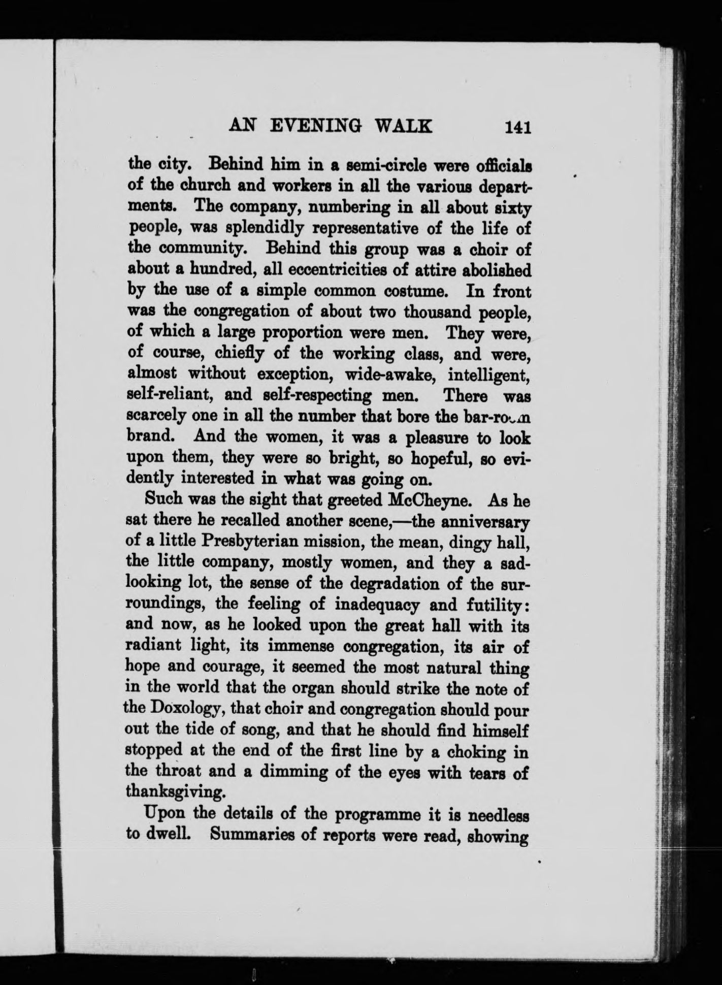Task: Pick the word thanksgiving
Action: tap(176, 791)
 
